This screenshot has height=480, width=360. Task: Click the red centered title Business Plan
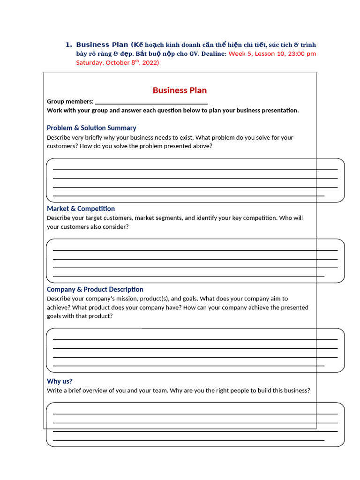tap(180, 90)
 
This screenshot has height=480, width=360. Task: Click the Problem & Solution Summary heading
tap(91, 128)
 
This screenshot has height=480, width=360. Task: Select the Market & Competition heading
tap(81, 209)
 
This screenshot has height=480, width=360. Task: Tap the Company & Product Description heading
tap(95, 289)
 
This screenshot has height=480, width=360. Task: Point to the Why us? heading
tap(60, 381)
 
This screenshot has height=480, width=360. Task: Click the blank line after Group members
tap(151, 103)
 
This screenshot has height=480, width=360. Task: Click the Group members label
tap(70, 101)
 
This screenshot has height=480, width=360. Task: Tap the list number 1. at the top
tap(68, 45)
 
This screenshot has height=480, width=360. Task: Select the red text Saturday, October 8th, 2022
tap(117, 62)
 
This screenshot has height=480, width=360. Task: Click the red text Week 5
tap(240, 53)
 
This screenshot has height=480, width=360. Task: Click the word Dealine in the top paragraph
tap(214, 53)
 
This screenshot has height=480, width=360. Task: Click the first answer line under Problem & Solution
tap(195, 169)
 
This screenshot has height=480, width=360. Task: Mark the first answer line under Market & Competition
tap(195, 250)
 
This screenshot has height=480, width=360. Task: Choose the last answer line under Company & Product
tap(188, 366)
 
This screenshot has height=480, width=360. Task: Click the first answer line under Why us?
tap(195, 413)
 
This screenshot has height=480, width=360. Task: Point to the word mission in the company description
tap(133, 299)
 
